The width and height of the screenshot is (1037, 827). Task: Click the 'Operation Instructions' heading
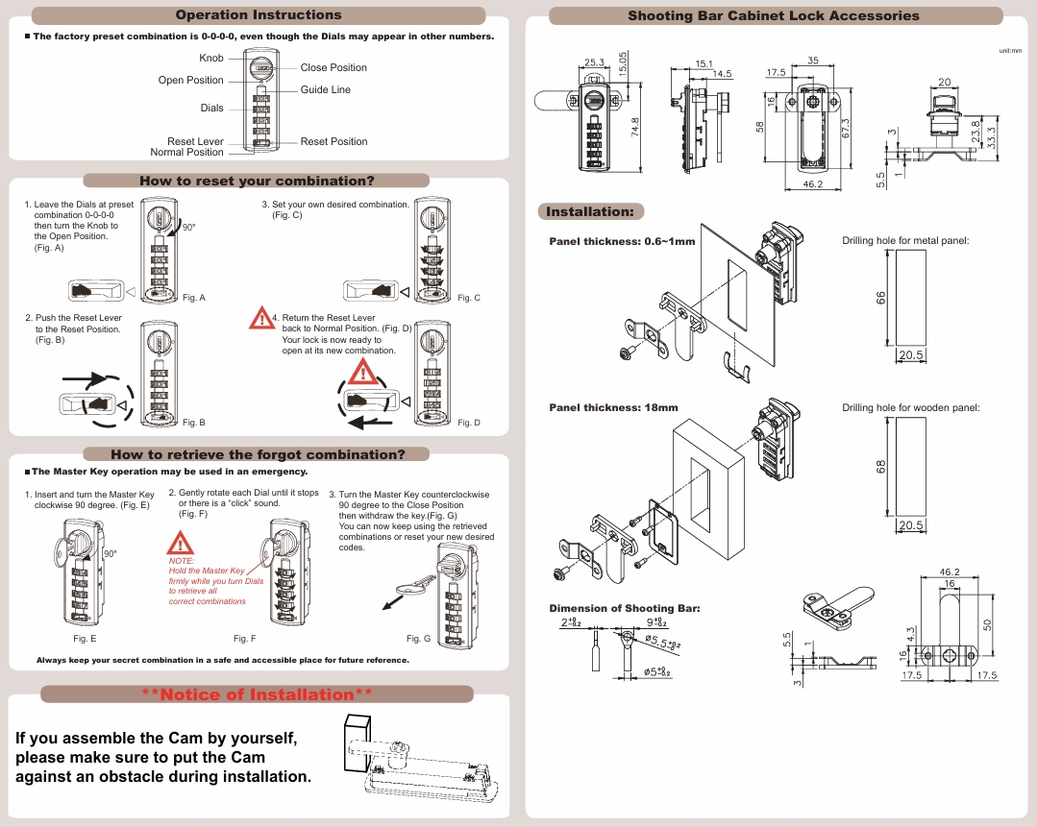(x=259, y=15)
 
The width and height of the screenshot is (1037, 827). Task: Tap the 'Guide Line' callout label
(x=326, y=90)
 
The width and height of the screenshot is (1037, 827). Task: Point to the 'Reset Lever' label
(x=195, y=141)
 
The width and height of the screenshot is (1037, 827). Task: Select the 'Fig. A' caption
(x=194, y=298)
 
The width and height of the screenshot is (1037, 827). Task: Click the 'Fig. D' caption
(x=469, y=423)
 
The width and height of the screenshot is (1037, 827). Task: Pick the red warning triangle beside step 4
(x=260, y=319)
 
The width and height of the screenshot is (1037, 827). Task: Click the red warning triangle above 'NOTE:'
(x=181, y=543)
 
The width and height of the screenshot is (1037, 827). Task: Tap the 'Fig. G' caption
(x=418, y=639)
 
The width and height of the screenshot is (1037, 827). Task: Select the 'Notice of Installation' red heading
(x=257, y=694)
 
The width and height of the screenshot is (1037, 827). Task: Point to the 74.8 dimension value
(x=634, y=128)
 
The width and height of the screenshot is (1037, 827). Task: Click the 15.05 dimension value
(x=623, y=65)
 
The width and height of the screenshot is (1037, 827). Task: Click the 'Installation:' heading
(x=590, y=211)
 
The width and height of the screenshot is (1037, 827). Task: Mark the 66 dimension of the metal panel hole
(x=880, y=298)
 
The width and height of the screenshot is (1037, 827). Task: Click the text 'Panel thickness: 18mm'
(x=613, y=408)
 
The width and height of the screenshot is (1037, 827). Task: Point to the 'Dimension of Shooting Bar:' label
(x=624, y=609)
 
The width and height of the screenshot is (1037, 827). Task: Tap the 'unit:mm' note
(x=1010, y=50)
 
